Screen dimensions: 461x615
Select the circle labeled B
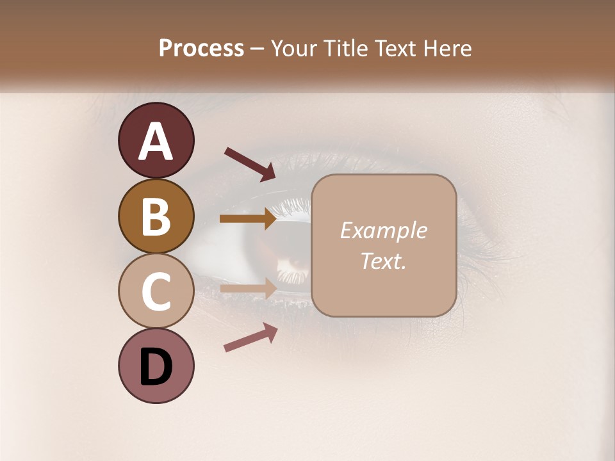click(x=156, y=216)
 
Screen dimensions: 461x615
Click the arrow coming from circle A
click(x=250, y=164)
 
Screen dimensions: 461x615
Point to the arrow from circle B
click(x=249, y=219)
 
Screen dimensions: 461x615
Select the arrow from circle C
click(x=249, y=287)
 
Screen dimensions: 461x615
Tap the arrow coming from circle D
click(x=250, y=337)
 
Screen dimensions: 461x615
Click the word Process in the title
click(x=201, y=48)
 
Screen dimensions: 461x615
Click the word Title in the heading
click(x=344, y=48)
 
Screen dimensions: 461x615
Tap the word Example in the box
click(x=383, y=230)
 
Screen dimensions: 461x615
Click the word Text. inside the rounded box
click(x=383, y=261)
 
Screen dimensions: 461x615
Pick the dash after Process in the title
click(x=258, y=49)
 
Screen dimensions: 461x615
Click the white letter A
click(x=156, y=142)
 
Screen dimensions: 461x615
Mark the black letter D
click(x=156, y=368)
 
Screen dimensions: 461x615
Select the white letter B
click(x=156, y=216)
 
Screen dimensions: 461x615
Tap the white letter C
click(x=156, y=291)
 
